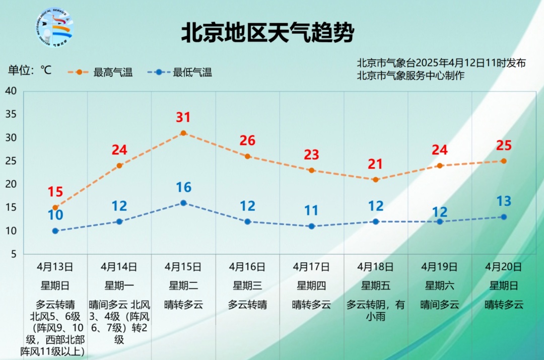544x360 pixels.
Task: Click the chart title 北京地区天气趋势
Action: coord(267,33)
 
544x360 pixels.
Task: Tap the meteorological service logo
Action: coord(54,28)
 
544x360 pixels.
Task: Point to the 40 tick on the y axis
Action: coord(11,91)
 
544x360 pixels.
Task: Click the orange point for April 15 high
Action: coord(183,133)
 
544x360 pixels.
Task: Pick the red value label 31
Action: coord(183,117)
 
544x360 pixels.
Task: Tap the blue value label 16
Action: coord(183,188)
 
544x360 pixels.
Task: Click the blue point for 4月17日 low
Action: coord(311,226)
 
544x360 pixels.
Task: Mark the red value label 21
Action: coord(375,164)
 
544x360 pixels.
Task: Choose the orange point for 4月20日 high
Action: coord(503,161)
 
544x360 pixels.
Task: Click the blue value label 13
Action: coord(503,201)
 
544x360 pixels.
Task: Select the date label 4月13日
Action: coord(55,266)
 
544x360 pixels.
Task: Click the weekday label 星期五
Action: coord(375,285)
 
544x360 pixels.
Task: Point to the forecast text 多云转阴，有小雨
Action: coord(375,310)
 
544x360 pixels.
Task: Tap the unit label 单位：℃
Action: coord(30,70)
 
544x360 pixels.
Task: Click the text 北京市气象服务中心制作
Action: coord(411,76)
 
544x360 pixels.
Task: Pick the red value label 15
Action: coord(55,192)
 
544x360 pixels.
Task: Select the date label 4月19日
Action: coord(439,266)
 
